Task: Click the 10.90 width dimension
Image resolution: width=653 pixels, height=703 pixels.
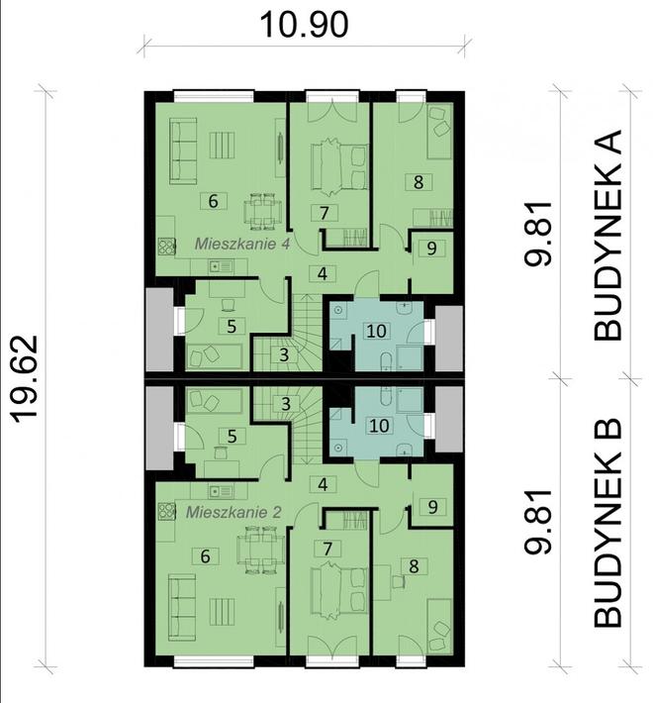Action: coord(304,24)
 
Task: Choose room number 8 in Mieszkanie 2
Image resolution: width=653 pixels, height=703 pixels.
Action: coord(414,566)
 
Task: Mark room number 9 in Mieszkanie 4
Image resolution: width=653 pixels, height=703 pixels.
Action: coord(428,250)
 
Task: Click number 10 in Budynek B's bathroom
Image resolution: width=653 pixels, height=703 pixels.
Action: coord(376,426)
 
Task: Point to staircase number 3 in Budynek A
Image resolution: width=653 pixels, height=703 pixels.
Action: coord(283,354)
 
